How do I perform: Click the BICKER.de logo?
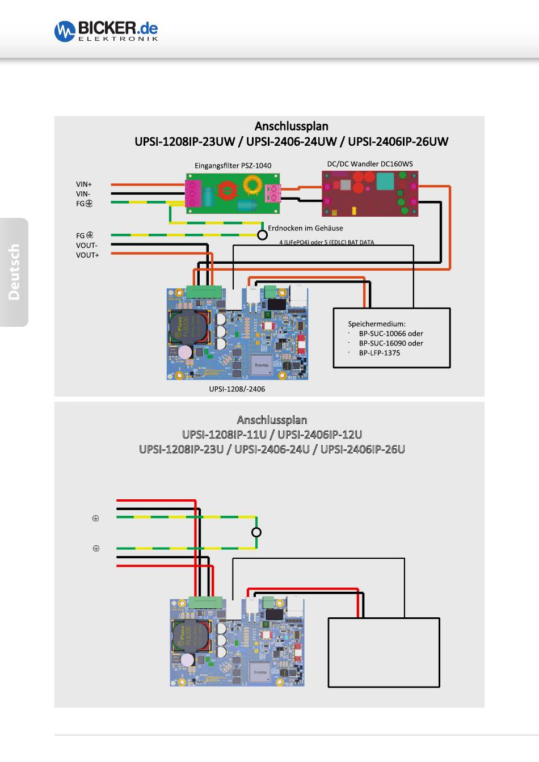coord(106,31)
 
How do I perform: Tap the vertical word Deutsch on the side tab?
coord(14,272)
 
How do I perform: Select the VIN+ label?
coord(84,184)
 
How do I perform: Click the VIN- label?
coord(83,194)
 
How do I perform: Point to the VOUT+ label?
coord(87,255)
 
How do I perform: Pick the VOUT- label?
coord(87,246)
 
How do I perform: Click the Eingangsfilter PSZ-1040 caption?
coord(233,166)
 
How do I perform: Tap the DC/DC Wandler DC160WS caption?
coord(369,163)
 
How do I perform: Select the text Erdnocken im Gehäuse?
coord(305,228)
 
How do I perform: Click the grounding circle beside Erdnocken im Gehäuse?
coord(262,235)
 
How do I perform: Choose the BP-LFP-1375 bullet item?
coord(379,353)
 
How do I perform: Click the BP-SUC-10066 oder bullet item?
coord(390,334)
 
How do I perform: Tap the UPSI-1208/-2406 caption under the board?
coord(237,389)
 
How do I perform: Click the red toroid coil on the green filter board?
coord(229,190)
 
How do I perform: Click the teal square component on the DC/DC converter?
coord(385,182)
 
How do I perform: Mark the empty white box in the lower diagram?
coord(384,652)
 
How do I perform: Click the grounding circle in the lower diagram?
coord(256,532)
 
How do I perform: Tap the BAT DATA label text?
coord(359,242)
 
